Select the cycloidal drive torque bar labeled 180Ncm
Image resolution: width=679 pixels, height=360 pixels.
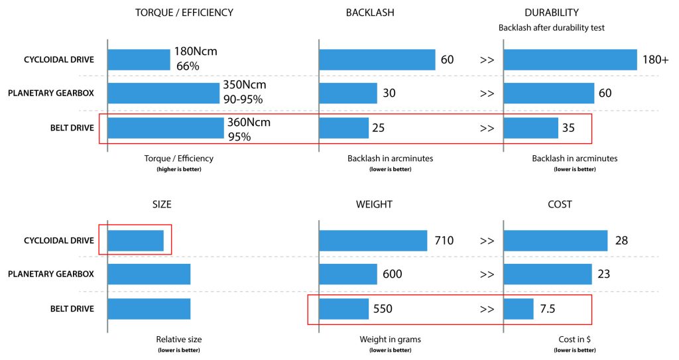pyautogui.click(x=139, y=60)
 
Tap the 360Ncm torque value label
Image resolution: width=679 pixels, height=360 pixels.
pyautogui.click(x=254, y=122)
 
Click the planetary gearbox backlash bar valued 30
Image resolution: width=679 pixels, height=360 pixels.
pyautogui.click(x=347, y=93)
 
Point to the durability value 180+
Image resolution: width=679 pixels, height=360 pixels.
pyautogui.click(x=656, y=60)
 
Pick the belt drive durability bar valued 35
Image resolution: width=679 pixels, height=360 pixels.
pyautogui.click(x=530, y=128)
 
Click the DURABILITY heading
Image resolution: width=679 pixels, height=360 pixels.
pyautogui.click(x=551, y=13)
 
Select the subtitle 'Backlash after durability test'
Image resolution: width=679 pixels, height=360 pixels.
pyautogui.click(x=550, y=28)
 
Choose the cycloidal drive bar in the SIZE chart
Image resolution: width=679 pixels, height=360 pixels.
pyautogui.click(x=135, y=241)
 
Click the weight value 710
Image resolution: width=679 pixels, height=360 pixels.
pyautogui.click(x=444, y=241)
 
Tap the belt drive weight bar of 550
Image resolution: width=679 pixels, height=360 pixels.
pyautogui.click(x=343, y=309)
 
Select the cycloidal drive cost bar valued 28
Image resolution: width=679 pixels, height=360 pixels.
pyautogui.click(x=555, y=241)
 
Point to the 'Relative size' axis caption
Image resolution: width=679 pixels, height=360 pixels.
pyautogui.click(x=178, y=339)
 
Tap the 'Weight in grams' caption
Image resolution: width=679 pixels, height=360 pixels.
pyautogui.click(x=390, y=339)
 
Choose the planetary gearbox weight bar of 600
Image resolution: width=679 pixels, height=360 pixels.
pyautogui.click(x=348, y=274)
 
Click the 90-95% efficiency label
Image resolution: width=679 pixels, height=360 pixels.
pyautogui.click(x=243, y=99)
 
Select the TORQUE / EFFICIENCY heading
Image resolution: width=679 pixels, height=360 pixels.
pyautogui.click(x=184, y=13)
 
